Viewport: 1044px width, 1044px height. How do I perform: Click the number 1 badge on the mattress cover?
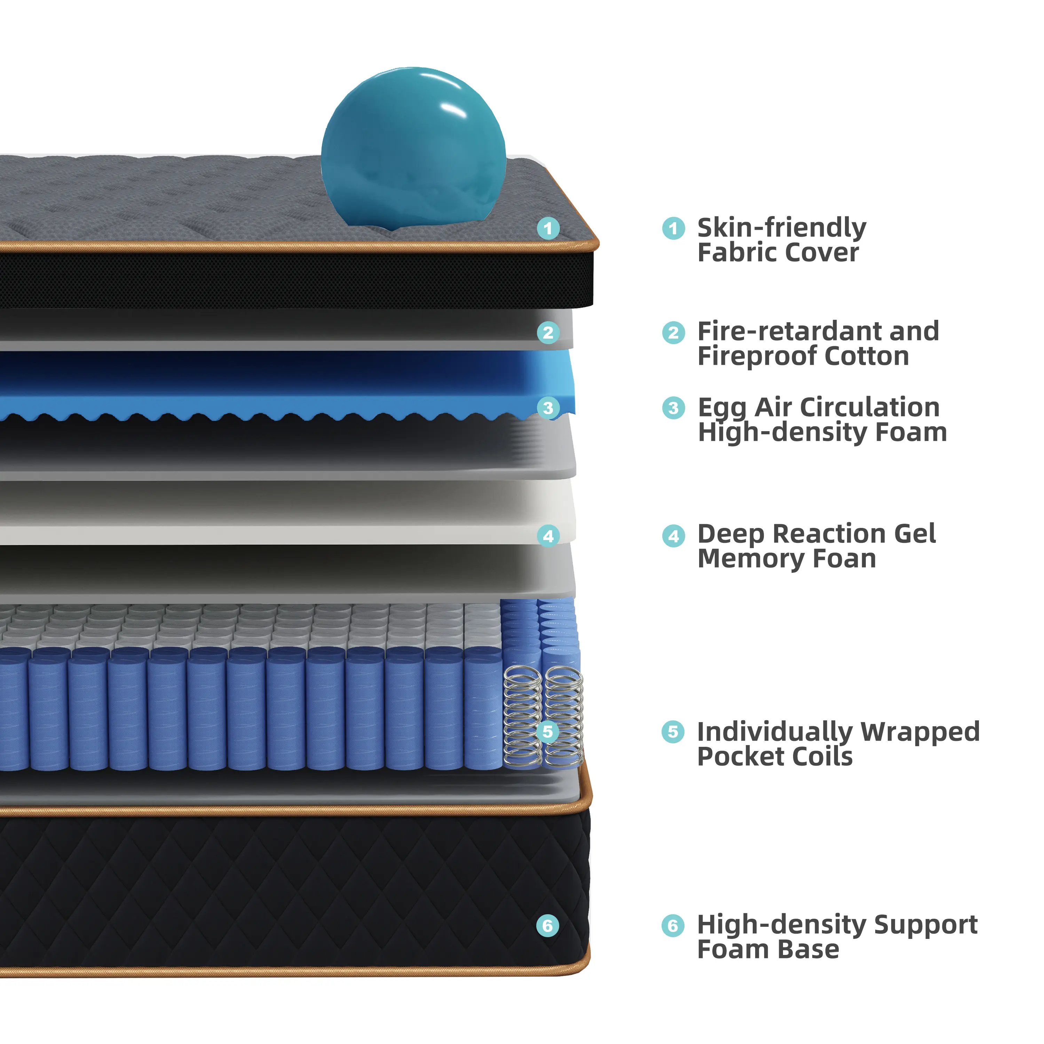548,229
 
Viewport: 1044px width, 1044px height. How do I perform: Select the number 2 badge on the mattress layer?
548,332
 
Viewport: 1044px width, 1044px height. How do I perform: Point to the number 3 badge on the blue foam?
548,408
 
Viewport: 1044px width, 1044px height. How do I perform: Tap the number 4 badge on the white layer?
548,536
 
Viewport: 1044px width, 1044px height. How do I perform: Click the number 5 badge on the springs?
547,731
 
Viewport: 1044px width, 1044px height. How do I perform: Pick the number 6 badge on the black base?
547,926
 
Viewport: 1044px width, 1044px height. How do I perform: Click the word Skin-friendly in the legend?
781,228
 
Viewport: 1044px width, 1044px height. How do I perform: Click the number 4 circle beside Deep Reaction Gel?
673,536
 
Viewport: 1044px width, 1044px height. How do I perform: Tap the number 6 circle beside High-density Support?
673,926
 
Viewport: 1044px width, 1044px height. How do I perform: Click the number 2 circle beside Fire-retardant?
673,332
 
